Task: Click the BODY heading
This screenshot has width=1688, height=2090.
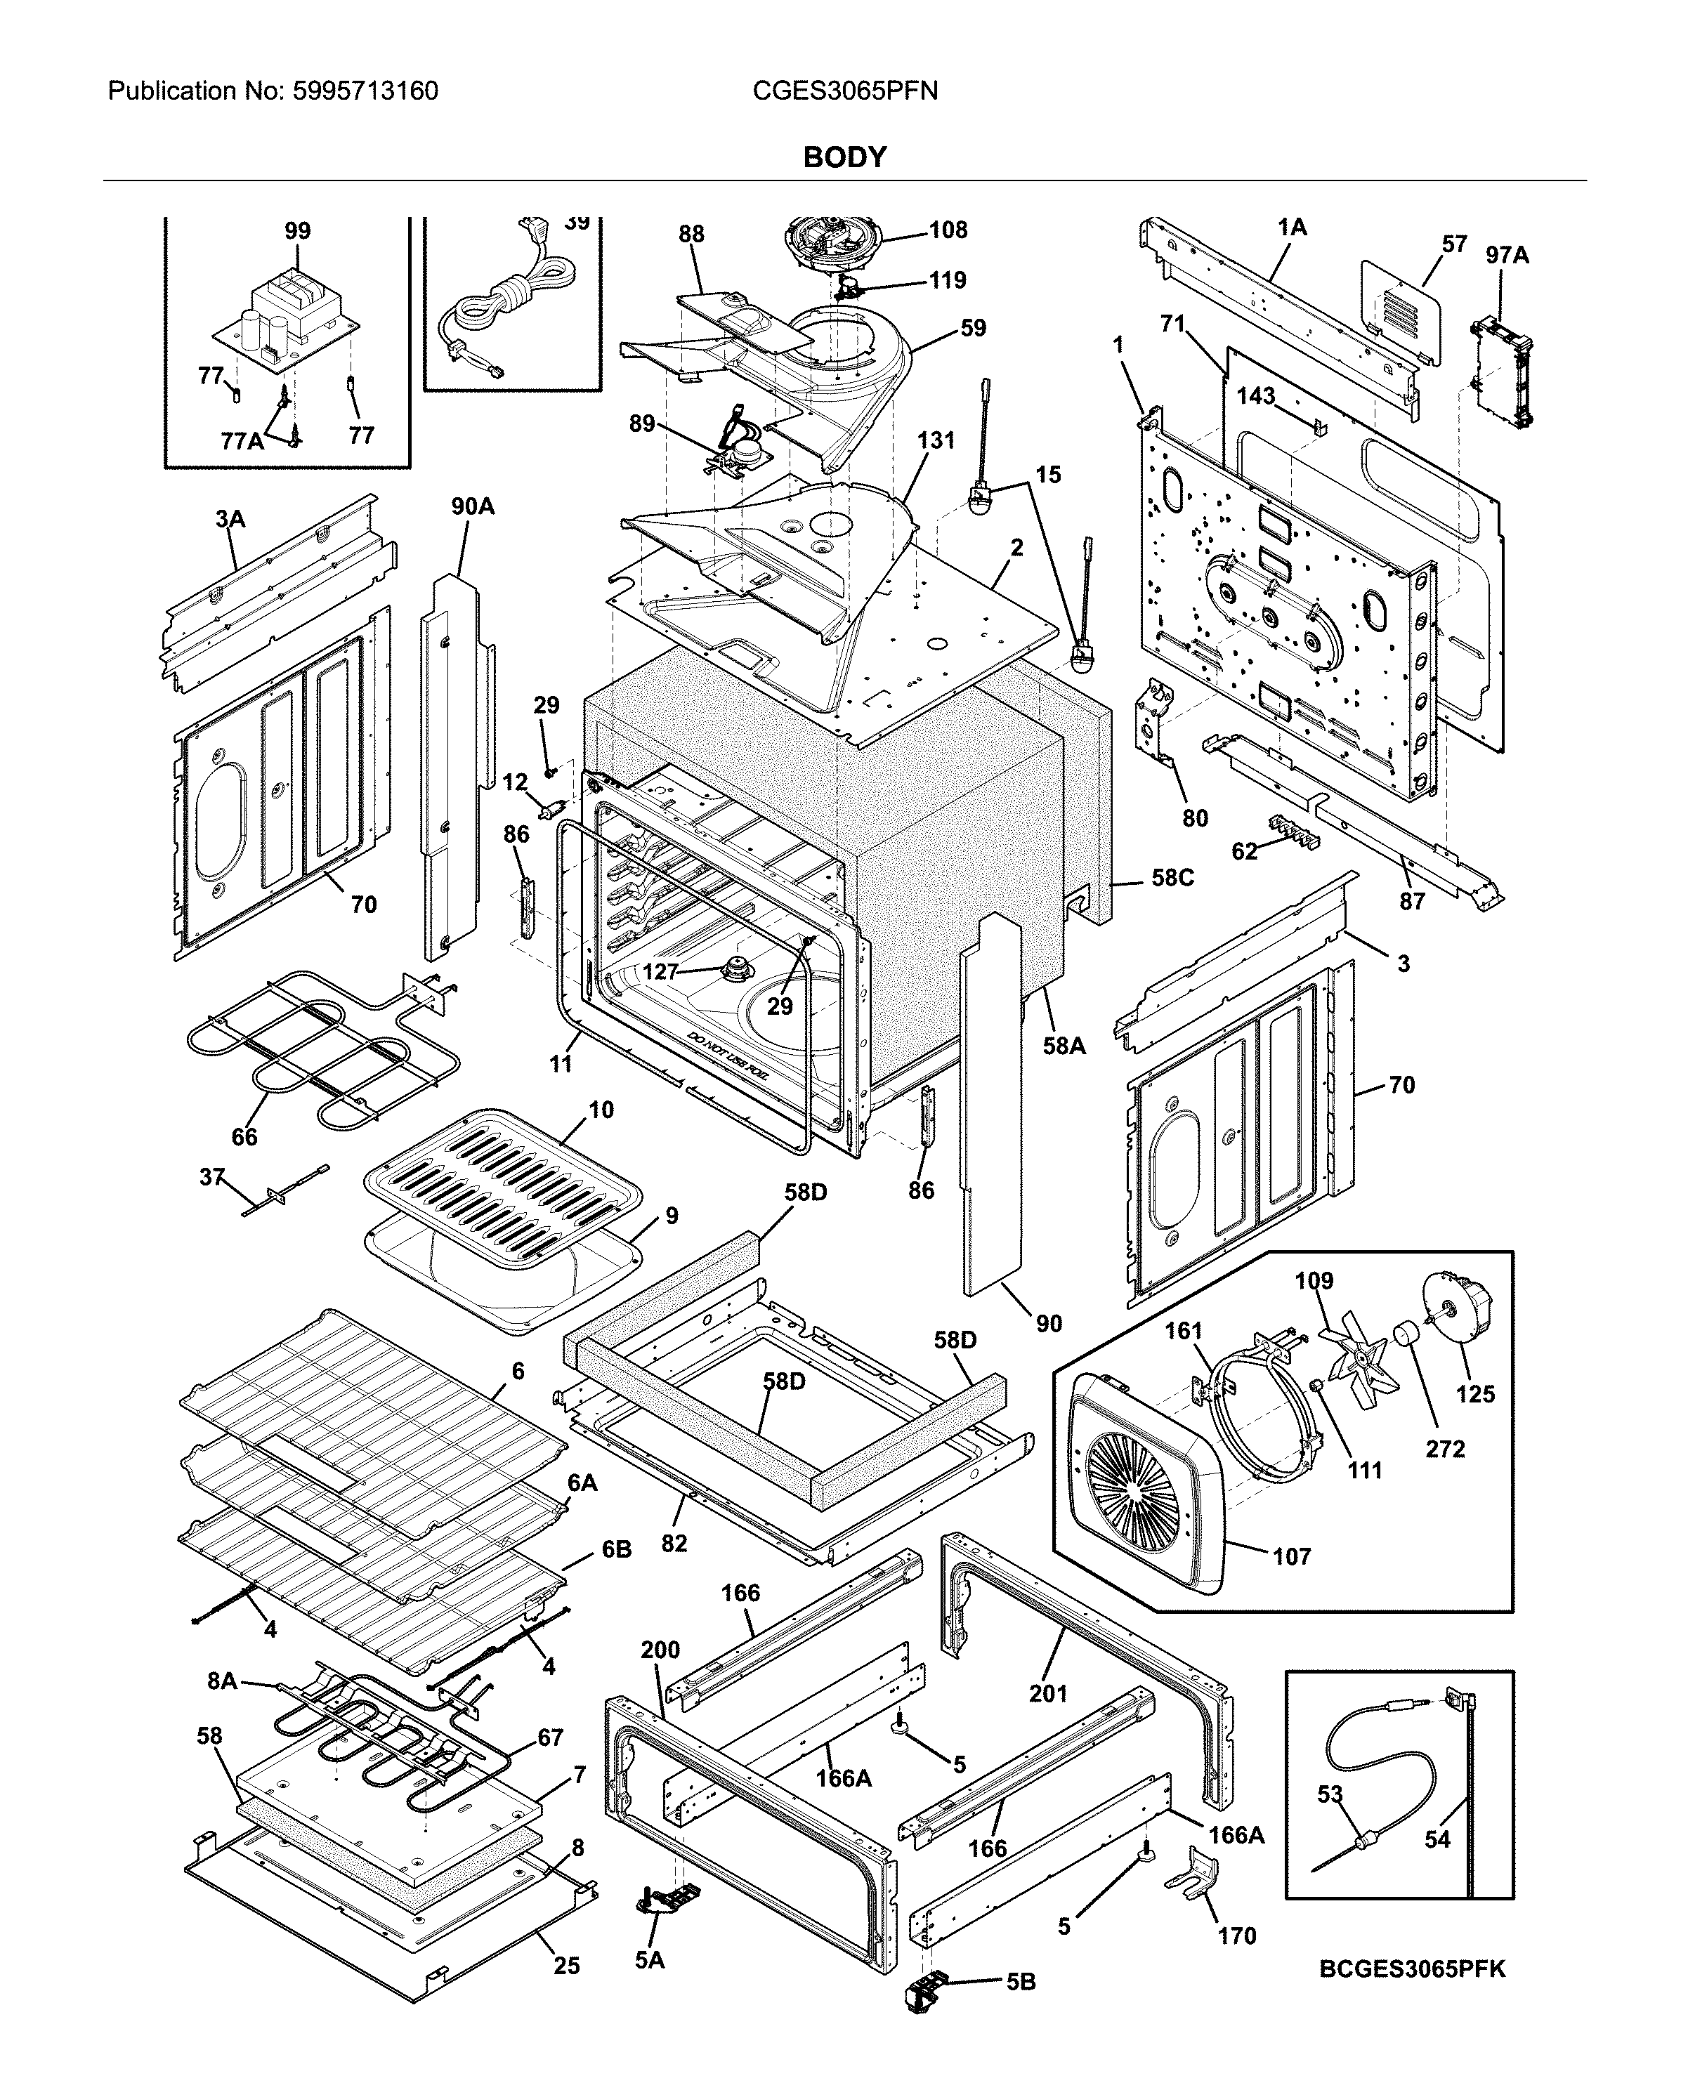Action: (x=844, y=157)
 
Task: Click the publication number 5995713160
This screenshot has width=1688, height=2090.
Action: (x=365, y=91)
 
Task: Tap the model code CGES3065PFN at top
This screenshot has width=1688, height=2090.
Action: (x=844, y=91)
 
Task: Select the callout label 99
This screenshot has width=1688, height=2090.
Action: (x=298, y=231)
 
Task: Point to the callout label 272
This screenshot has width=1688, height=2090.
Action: (x=1445, y=1448)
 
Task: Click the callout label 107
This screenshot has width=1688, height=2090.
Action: (x=1291, y=1556)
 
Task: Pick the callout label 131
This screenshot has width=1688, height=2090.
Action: (x=936, y=440)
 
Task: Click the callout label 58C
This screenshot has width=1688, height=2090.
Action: (x=1172, y=878)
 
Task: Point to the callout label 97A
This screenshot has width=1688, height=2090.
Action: (x=1507, y=256)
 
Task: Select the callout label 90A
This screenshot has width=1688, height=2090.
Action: (x=473, y=506)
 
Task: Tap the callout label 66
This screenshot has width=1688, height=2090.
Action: (x=244, y=1136)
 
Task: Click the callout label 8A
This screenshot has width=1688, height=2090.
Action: (x=222, y=1681)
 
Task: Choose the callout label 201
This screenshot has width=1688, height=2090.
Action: (x=1048, y=1693)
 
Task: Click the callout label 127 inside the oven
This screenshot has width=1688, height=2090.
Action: (x=660, y=971)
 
